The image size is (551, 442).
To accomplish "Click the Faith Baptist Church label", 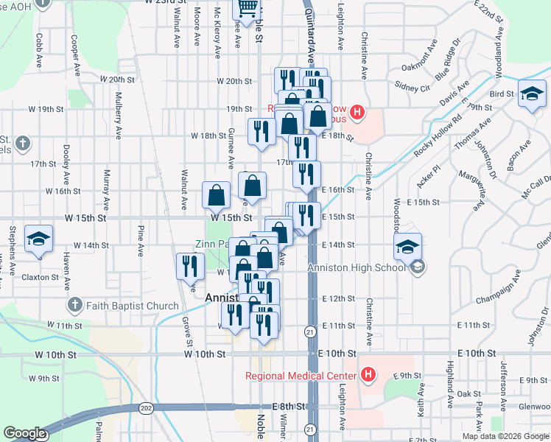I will tap(132, 306).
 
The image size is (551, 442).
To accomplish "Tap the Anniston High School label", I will tap(357, 267).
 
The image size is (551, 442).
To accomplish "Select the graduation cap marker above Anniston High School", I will tap(407, 246).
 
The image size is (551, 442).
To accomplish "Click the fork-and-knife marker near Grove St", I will tap(192, 265).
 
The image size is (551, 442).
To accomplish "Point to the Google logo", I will tap(24, 433).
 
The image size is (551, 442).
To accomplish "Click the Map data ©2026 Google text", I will tap(505, 436).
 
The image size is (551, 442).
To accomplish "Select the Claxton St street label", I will tap(41, 278).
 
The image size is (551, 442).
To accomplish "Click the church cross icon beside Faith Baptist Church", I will tap(74, 305).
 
